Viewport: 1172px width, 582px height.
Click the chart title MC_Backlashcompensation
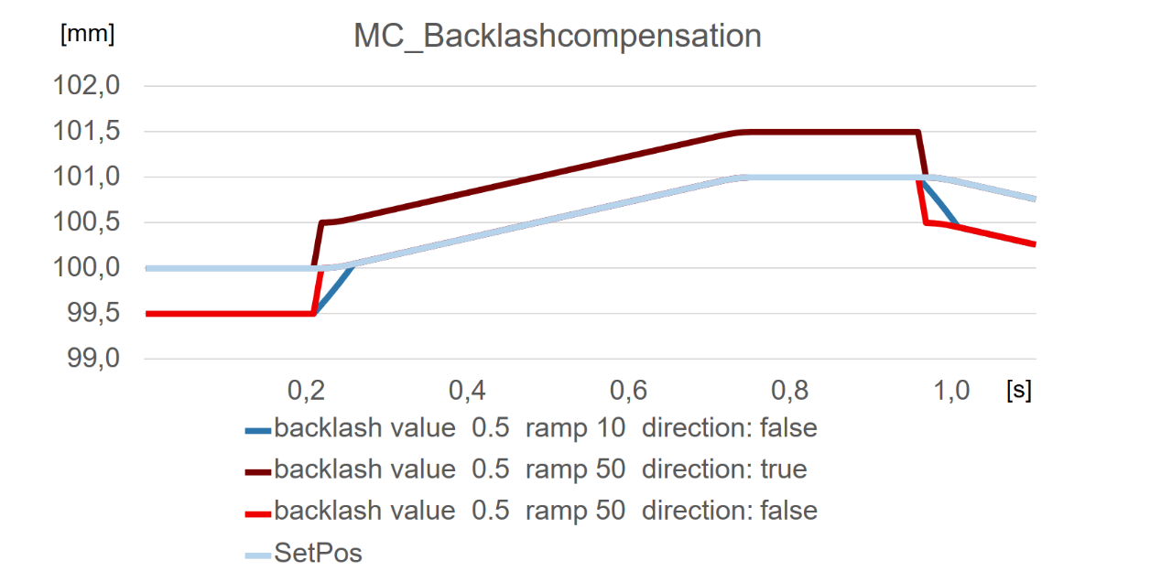click(558, 37)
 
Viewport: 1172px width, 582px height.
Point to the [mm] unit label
click(87, 35)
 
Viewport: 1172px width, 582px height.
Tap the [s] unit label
click(1017, 391)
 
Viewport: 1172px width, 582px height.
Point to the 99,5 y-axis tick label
click(93, 314)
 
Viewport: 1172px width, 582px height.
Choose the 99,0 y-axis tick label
click(93, 360)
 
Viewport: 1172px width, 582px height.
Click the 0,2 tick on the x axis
click(306, 392)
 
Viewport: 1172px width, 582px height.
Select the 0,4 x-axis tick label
click(467, 392)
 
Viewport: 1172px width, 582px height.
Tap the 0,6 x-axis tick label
click(628, 392)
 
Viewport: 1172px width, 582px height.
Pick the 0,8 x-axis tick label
click(789, 392)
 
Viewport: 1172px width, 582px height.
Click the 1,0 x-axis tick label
click(950, 392)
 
